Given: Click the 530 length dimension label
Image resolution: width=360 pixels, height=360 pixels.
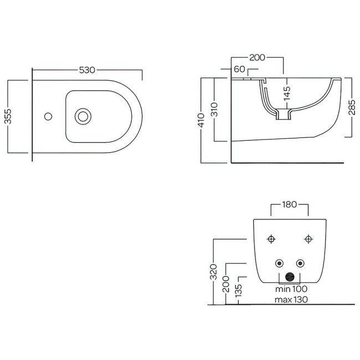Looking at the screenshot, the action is click(x=87, y=70).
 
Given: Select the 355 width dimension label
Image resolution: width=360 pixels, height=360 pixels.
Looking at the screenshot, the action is click(x=8, y=116).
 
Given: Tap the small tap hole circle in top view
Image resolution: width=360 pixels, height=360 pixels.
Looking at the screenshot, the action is click(x=48, y=116).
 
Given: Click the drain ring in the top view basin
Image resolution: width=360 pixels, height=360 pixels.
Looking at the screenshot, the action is click(x=83, y=116).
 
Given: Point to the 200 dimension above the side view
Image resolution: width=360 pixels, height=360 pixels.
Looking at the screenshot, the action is click(x=257, y=58).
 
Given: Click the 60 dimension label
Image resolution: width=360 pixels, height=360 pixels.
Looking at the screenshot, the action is click(x=239, y=69).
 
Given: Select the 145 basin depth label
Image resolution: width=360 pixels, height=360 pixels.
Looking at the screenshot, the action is click(x=287, y=93).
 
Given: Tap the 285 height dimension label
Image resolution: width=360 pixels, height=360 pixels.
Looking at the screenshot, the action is click(x=352, y=107).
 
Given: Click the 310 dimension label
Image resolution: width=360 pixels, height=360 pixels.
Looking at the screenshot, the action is click(x=214, y=110).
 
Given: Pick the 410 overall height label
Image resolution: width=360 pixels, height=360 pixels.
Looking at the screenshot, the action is click(x=201, y=120).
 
